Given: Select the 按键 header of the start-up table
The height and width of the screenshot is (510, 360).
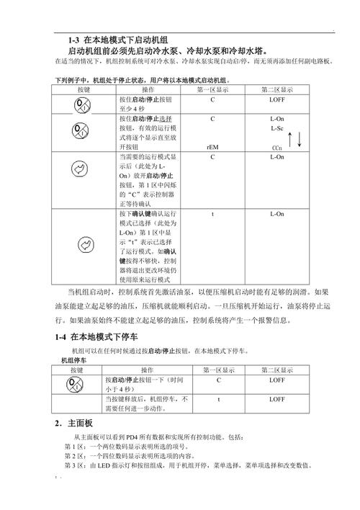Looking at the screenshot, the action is [84, 90].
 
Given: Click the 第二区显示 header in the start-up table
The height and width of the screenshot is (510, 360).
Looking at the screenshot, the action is [277, 90].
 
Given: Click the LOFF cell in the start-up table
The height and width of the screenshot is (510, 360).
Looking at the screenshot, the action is [277, 99].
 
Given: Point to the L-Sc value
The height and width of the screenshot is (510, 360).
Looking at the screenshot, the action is [277, 128].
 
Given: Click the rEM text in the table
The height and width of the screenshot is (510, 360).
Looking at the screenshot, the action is [212, 147].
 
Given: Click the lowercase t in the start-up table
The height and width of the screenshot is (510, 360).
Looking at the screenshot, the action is [213, 214].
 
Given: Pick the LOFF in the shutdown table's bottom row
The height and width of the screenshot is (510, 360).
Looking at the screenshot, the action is [277, 398].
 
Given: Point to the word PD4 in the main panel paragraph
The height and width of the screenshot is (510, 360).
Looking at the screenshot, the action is [133, 437].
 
